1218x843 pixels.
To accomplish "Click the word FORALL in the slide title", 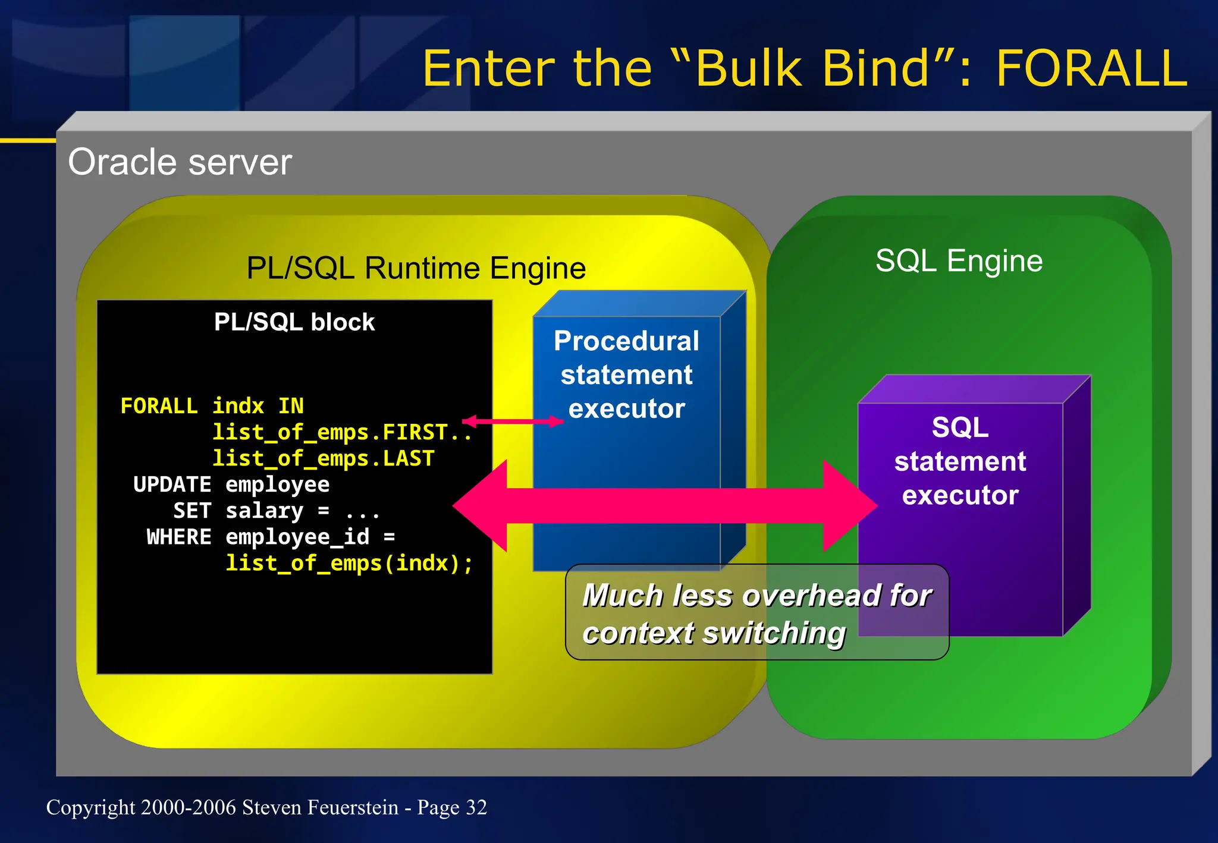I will click(x=1091, y=69).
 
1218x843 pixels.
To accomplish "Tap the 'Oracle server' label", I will click(x=180, y=162).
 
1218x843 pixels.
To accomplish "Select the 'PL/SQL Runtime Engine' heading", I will click(x=416, y=268).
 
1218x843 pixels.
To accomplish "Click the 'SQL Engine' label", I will click(x=959, y=261).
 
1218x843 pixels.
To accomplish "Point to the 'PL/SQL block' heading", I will click(x=294, y=322).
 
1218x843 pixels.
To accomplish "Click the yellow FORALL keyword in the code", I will click(x=159, y=406).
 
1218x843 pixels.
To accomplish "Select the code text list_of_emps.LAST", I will click(x=324, y=458).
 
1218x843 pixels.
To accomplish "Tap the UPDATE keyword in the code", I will click(x=172, y=485).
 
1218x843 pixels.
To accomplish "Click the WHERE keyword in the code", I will click(x=178, y=537).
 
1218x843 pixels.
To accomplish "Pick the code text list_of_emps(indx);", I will click(x=349, y=563).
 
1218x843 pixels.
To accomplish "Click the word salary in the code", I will click(x=265, y=511).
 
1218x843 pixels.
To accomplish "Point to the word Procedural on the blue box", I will click(x=626, y=341).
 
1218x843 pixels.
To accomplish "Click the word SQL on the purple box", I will click(x=960, y=427).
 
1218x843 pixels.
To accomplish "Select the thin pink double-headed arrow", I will click(x=513, y=421).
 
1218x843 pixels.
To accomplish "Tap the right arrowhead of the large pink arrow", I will click(x=850, y=506).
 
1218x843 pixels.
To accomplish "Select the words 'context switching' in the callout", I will click(x=714, y=633).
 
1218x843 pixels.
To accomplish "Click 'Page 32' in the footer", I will click(x=452, y=807).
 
